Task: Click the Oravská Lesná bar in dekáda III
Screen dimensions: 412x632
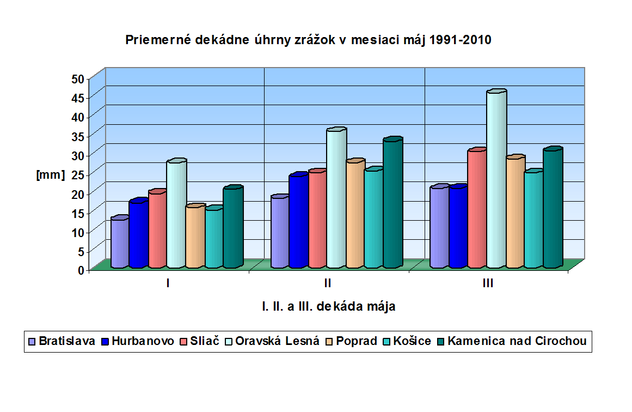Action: (496, 180)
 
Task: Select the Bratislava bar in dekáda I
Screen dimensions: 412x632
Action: (119, 243)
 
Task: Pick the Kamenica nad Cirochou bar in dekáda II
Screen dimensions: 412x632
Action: (392, 204)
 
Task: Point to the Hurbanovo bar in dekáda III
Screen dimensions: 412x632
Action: (458, 227)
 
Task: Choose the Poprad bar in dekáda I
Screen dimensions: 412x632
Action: (194, 237)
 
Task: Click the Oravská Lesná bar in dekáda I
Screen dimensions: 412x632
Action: (176, 215)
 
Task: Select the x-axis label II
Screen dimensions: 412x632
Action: (328, 283)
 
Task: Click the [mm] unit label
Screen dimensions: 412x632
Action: (50, 174)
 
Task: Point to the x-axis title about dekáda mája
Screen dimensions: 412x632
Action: (328, 306)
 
